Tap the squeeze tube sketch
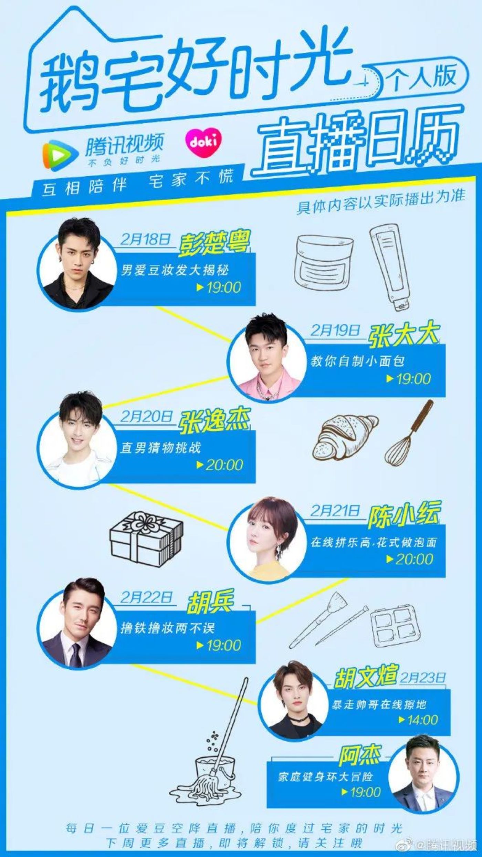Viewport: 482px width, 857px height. coord(389,263)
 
